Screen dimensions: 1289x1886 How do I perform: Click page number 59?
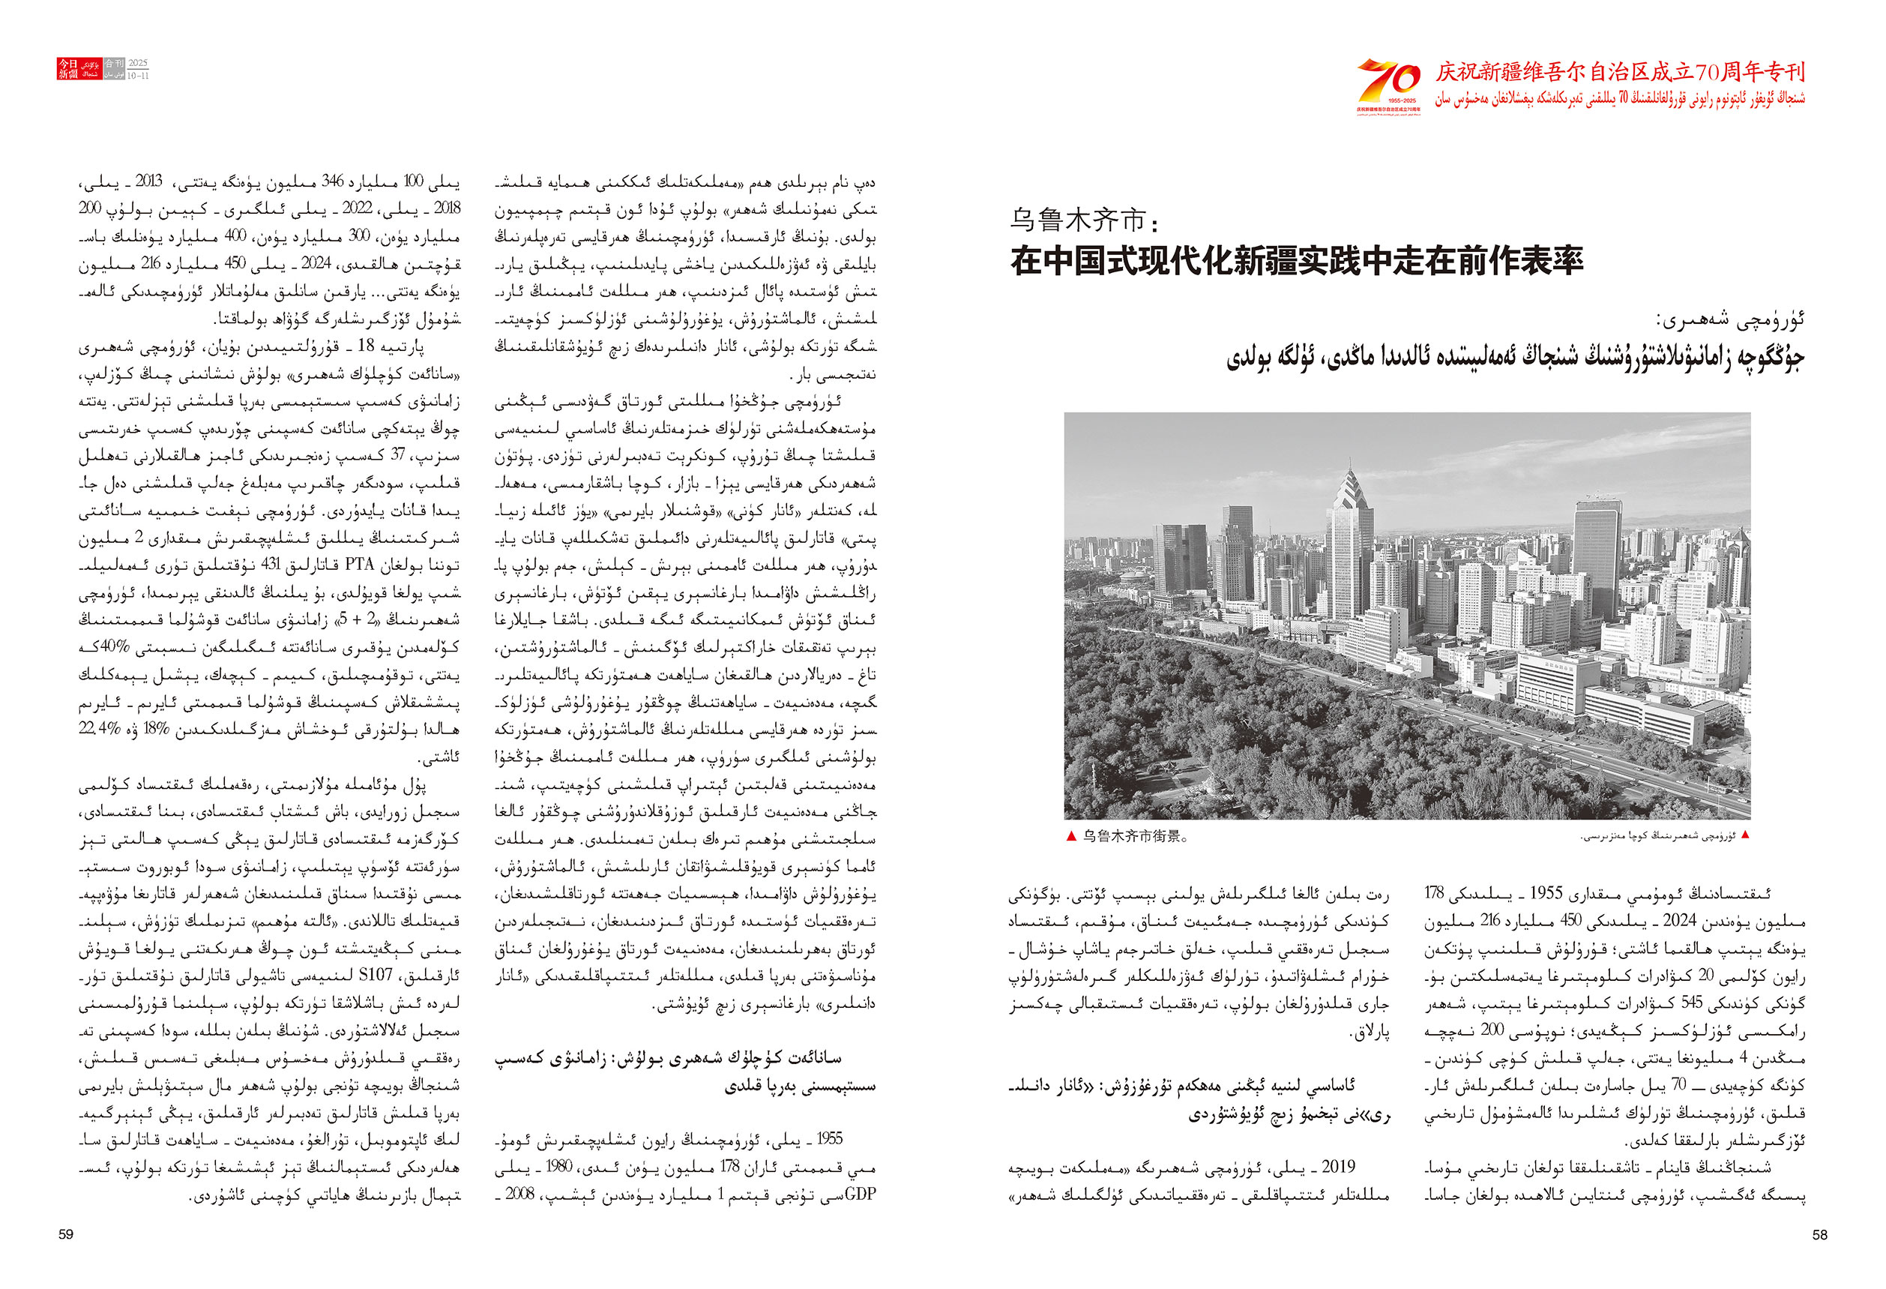(x=66, y=1234)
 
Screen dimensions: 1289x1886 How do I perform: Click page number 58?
(x=1819, y=1234)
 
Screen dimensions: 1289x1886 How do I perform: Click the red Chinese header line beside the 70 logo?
(x=1620, y=73)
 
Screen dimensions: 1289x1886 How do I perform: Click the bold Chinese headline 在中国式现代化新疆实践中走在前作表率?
(x=1296, y=262)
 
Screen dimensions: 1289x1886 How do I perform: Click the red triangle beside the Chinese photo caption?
(x=1071, y=837)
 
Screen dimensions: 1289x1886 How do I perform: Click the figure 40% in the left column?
(x=115, y=647)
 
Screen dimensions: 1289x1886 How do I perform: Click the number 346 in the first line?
(x=333, y=181)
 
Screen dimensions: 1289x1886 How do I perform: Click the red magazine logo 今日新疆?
(x=68, y=69)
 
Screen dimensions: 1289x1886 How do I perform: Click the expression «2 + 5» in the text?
(x=356, y=619)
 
